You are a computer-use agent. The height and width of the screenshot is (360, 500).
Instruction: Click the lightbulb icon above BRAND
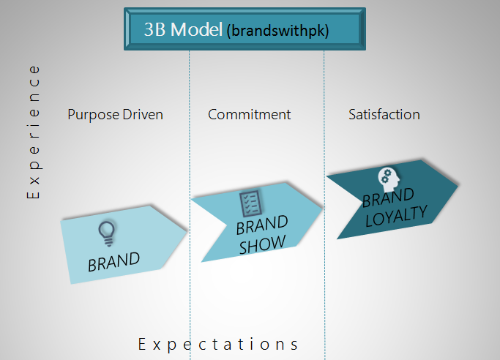pyautogui.click(x=107, y=233)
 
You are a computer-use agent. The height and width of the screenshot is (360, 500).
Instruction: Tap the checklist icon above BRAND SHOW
pyautogui.click(x=250, y=203)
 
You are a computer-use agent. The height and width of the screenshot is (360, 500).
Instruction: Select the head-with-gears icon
pyautogui.click(x=389, y=179)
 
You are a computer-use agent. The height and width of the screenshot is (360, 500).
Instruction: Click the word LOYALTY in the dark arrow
pyautogui.click(x=396, y=216)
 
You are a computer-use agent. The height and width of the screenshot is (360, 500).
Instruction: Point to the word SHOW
pyautogui.click(x=262, y=244)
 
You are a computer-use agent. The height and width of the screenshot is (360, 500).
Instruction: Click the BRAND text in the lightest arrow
pyautogui.click(x=114, y=262)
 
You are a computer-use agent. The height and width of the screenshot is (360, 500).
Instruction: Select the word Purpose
pyautogui.click(x=93, y=115)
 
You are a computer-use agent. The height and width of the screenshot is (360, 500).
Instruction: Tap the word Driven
pyautogui.click(x=143, y=114)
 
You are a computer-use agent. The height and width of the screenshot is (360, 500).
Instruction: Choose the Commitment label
pyautogui.click(x=250, y=114)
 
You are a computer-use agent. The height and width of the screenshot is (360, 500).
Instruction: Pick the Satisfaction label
pyautogui.click(x=384, y=114)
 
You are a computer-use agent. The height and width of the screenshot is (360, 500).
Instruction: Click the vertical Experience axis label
pyautogui.click(x=34, y=132)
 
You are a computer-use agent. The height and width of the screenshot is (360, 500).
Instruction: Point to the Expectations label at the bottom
pyautogui.click(x=218, y=345)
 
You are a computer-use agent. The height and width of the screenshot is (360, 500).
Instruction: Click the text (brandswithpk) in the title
pyautogui.click(x=277, y=31)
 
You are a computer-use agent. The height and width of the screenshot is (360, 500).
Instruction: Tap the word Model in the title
pyautogui.click(x=196, y=29)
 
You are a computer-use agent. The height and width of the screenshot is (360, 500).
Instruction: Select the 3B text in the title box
pyautogui.click(x=154, y=29)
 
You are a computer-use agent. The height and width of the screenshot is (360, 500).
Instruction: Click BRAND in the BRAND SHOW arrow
pyautogui.click(x=262, y=225)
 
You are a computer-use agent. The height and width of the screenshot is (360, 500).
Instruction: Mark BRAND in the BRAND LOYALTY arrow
pyautogui.click(x=388, y=198)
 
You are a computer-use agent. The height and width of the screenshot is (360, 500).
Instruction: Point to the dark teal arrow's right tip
pyautogui.click(x=458, y=185)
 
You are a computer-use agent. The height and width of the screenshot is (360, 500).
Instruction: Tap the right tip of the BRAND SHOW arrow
pyautogui.click(x=322, y=209)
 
